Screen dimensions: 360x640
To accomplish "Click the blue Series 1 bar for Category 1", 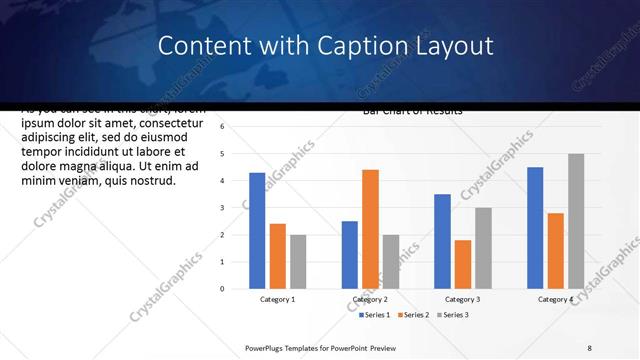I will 257,231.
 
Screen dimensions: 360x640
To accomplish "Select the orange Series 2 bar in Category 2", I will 370,229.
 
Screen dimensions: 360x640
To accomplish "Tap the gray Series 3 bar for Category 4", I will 576,221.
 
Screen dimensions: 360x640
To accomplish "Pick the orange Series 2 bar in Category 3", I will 463,264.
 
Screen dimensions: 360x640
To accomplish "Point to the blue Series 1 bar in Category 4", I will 535,228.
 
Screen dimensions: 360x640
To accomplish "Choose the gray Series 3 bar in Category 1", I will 298,262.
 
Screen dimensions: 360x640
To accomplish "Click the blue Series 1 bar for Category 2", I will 350,255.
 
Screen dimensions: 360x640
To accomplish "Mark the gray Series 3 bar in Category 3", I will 483,248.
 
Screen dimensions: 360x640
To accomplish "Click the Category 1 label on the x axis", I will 277,299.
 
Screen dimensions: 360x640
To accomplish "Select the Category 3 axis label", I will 462,299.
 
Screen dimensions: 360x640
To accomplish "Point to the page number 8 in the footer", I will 590,348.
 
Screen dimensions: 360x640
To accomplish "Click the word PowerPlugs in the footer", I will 267,348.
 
